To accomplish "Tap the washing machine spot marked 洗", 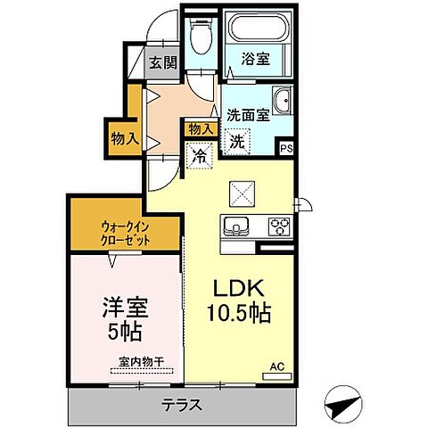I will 237,140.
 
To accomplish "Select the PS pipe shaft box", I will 286,149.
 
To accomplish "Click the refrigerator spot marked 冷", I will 202,154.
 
